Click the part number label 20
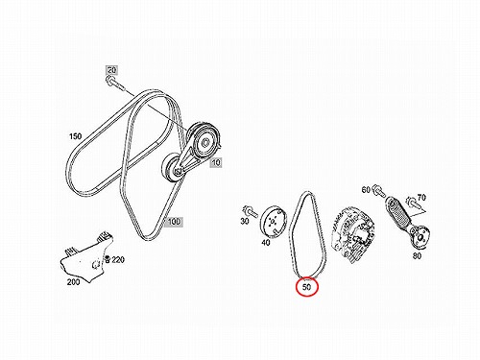[x=111, y=70]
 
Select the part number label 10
[x=216, y=162]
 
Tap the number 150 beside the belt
[x=76, y=136]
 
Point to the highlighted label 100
[x=174, y=221]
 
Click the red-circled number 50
[x=306, y=287]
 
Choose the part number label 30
[x=245, y=221]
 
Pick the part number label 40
[x=266, y=243]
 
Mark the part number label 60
[x=366, y=190]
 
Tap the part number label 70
[x=421, y=198]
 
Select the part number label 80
[x=417, y=256]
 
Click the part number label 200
[x=73, y=282]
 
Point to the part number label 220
[x=118, y=260]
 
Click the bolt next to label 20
[x=115, y=83]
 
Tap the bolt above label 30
[x=251, y=211]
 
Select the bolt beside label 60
[x=378, y=192]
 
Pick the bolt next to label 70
[x=412, y=203]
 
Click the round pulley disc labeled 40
[x=273, y=222]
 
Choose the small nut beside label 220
[x=108, y=259]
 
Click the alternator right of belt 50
[x=353, y=234]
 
